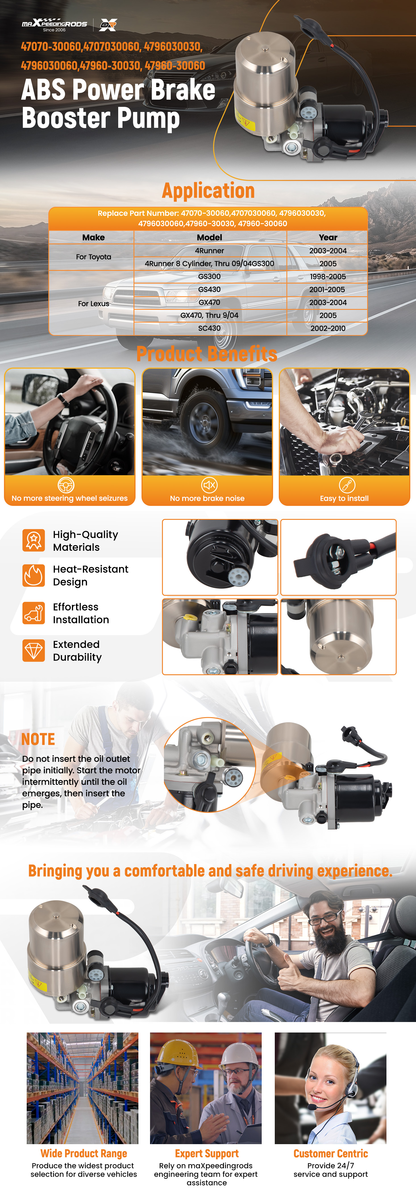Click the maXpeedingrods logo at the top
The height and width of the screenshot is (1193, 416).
(54, 24)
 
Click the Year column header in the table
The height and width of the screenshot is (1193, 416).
(328, 237)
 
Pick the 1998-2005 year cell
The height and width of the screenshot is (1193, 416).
(328, 276)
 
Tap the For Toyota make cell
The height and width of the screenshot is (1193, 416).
(93, 256)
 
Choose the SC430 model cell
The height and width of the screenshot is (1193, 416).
(209, 328)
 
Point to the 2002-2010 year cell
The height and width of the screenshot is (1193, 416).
(328, 328)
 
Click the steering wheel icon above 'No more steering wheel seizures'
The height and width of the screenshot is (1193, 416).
(66, 485)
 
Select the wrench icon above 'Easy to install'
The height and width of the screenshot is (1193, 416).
(347, 485)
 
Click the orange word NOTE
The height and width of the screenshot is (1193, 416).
(38, 739)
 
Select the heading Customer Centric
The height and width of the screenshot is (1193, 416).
(331, 1153)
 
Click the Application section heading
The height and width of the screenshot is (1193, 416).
(209, 190)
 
